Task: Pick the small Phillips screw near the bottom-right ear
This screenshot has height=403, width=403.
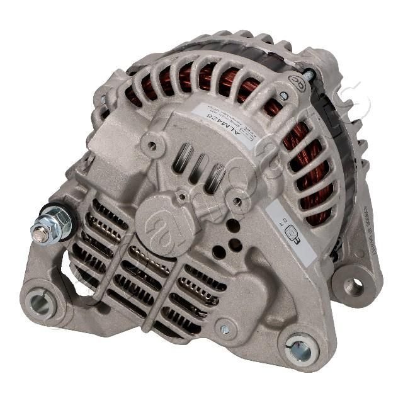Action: click(x=224, y=329)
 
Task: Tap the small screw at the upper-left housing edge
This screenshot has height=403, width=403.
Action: click(x=104, y=99)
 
